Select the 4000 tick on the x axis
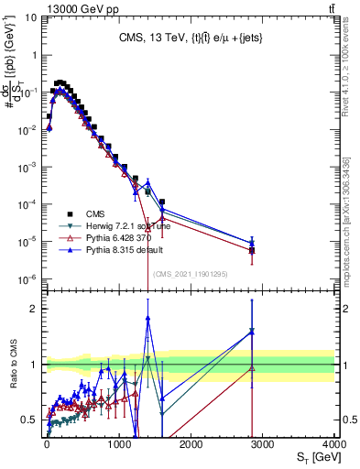(x=334, y=443)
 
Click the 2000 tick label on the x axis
(x=191, y=443)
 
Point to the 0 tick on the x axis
(x=47, y=443)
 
